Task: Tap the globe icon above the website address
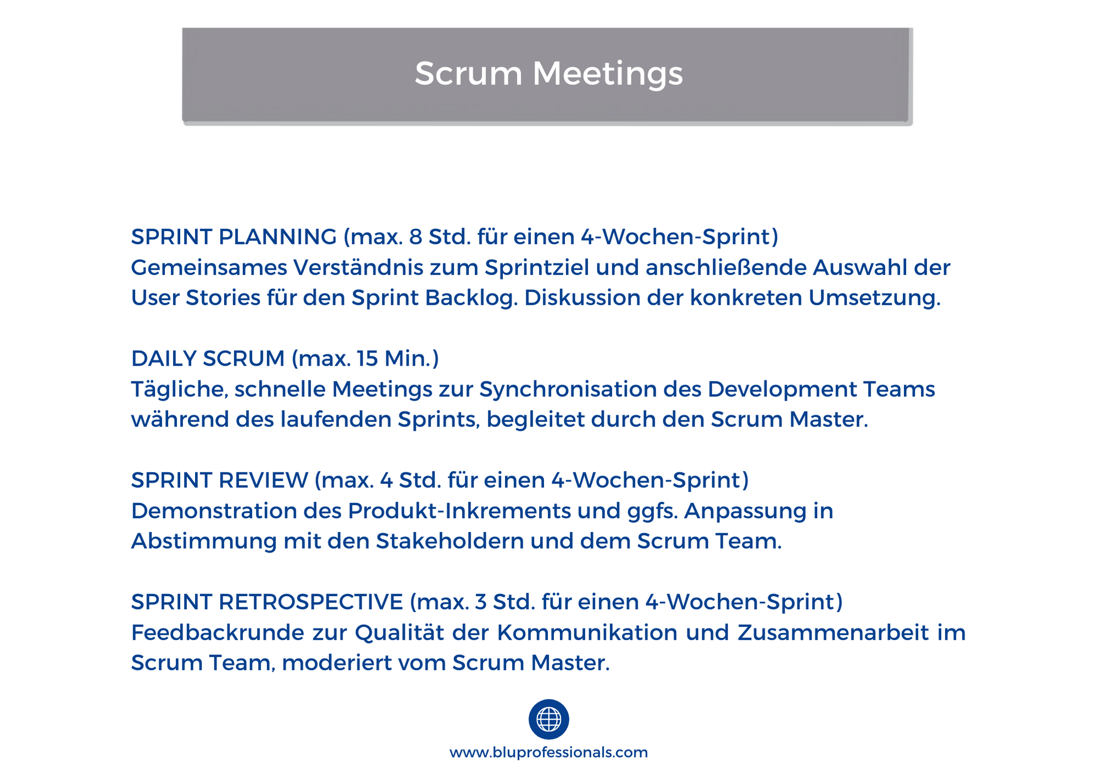point(548,719)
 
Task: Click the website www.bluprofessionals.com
point(548,752)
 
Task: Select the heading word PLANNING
point(277,237)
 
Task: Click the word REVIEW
point(263,480)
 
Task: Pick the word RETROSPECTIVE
point(311,602)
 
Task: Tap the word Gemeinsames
point(209,268)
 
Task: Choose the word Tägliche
point(180,390)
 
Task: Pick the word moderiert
point(336,663)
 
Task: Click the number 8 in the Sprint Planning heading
point(416,237)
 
